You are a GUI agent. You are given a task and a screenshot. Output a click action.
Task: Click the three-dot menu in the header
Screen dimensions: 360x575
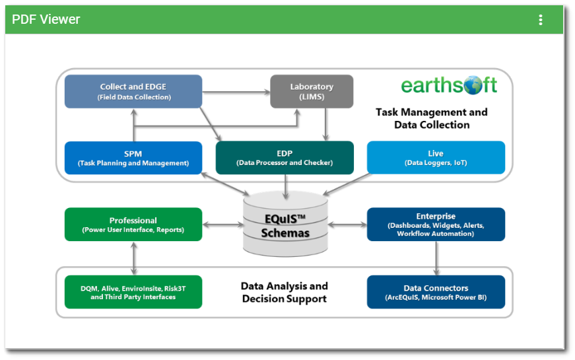(x=540, y=20)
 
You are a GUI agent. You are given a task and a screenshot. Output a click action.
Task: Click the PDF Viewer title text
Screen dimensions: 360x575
(x=46, y=20)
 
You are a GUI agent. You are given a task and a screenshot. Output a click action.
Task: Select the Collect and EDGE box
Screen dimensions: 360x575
(x=133, y=91)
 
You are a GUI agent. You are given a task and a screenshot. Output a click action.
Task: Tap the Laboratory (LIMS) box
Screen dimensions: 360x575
(x=312, y=91)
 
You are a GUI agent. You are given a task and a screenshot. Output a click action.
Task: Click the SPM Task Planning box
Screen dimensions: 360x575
(x=133, y=158)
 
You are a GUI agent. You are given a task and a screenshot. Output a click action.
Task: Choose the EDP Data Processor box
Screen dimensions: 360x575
(x=285, y=158)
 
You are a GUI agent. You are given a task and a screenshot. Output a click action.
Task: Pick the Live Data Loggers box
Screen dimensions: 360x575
(x=436, y=158)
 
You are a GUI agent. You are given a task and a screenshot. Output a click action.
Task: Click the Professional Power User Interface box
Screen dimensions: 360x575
(x=133, y=225)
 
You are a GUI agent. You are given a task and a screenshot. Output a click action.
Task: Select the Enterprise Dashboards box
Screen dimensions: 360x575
(x=436, y=225)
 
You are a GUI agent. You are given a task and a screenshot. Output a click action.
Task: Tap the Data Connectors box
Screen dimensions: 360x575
(x=436, y=292)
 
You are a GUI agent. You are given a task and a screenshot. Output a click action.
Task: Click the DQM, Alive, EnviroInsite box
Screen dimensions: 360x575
(x=133, y=292)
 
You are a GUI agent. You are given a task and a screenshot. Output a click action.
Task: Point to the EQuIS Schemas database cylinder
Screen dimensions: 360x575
(x=285, y=225)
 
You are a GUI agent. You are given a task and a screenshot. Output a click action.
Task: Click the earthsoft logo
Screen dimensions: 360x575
(x=449, y=86)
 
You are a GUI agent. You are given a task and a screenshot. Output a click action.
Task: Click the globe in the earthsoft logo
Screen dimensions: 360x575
(x=473, y=85)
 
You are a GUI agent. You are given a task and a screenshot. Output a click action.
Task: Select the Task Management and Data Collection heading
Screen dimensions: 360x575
(x=432, y=118)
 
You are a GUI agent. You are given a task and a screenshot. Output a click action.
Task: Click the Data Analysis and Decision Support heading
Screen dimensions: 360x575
(x=285, y=292)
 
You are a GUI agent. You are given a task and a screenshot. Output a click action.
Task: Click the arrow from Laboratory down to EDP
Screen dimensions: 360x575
(x=325, y=124)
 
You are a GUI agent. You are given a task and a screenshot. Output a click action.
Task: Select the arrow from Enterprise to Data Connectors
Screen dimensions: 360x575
(x=436, y=258)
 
